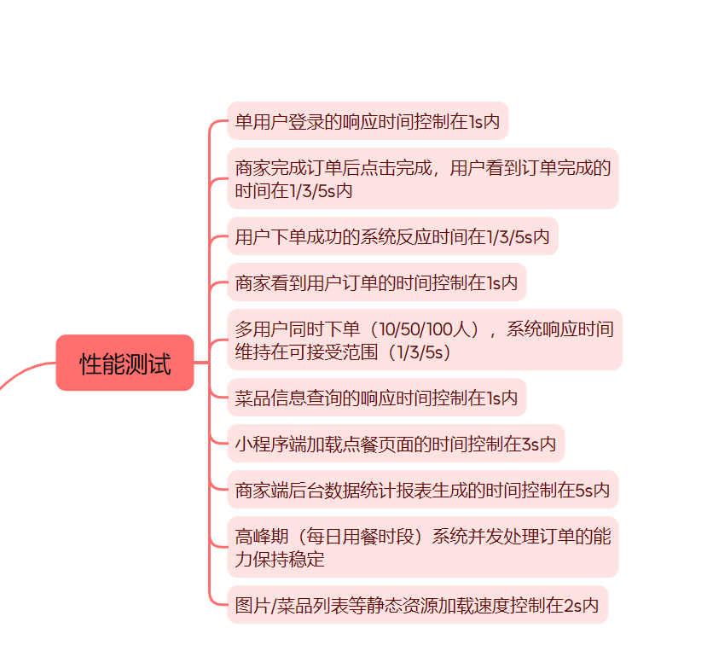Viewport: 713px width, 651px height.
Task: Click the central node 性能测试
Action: [x=125, y=363]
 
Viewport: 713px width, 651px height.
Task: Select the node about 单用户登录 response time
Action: [x=368, y=121]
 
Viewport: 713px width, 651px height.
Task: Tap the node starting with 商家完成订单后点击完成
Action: [x=422, y=178]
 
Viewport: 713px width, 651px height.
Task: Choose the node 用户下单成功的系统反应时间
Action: [x=392, y=236]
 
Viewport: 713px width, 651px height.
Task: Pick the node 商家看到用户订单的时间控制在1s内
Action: [x=376, y=282]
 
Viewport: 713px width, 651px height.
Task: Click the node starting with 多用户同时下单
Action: [x=424, y=340]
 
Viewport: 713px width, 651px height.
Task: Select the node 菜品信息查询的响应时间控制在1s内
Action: [x=376, y=398]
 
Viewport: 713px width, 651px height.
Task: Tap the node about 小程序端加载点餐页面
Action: [x=396, y=444]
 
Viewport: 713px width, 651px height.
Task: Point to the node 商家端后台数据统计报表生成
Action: [x=422, y=490]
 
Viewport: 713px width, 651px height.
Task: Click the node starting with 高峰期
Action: [x=422, y=547]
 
